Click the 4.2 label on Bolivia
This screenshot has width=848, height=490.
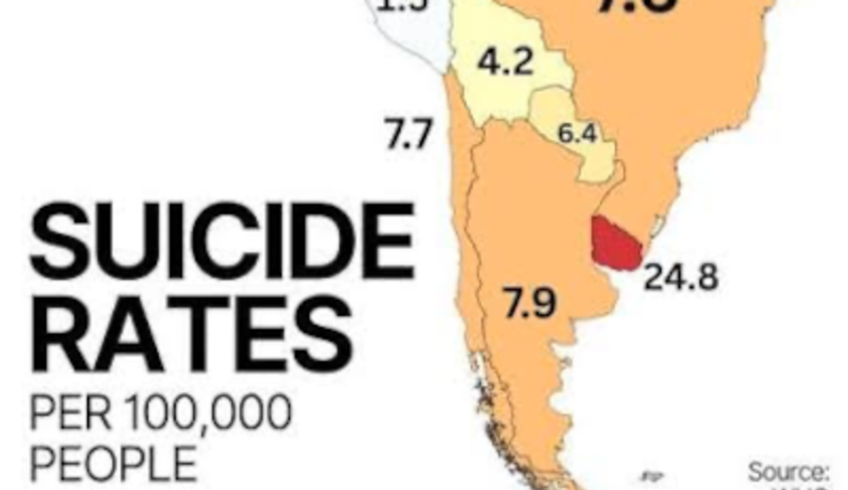pos(505,64)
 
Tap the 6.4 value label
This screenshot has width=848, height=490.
pos(577,134)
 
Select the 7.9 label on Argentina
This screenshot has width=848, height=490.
pos(527,302)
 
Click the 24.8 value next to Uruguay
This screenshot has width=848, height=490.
pos(680,278)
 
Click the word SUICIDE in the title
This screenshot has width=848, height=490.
pos(221,235)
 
